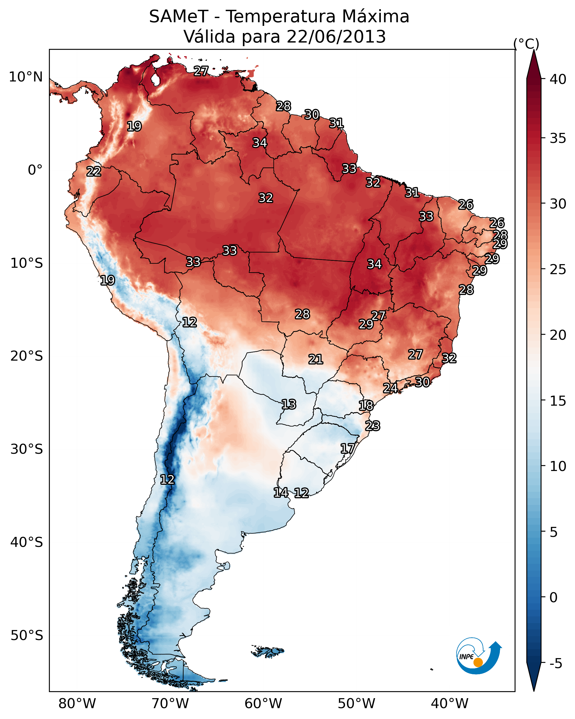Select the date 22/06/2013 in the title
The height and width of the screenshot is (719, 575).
(336, 37)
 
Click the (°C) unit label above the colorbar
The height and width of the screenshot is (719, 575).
(526, 44)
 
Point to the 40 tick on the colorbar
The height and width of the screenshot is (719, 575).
(558, 79)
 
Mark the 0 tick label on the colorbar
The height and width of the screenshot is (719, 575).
(553, 597)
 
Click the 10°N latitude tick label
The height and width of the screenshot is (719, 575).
(26, 77)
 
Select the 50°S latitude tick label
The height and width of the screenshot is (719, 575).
(27, 636)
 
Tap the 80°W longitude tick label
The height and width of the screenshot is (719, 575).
(77, 704)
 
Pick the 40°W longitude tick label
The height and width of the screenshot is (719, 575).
(450, 704)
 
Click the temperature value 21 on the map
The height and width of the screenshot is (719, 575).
(315, 359)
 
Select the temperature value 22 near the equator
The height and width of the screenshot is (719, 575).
(94, 172)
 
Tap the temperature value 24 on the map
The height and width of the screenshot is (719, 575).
(390, 388)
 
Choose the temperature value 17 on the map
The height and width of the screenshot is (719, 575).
(347, 448)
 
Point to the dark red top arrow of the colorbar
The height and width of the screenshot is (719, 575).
(534, 65)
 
